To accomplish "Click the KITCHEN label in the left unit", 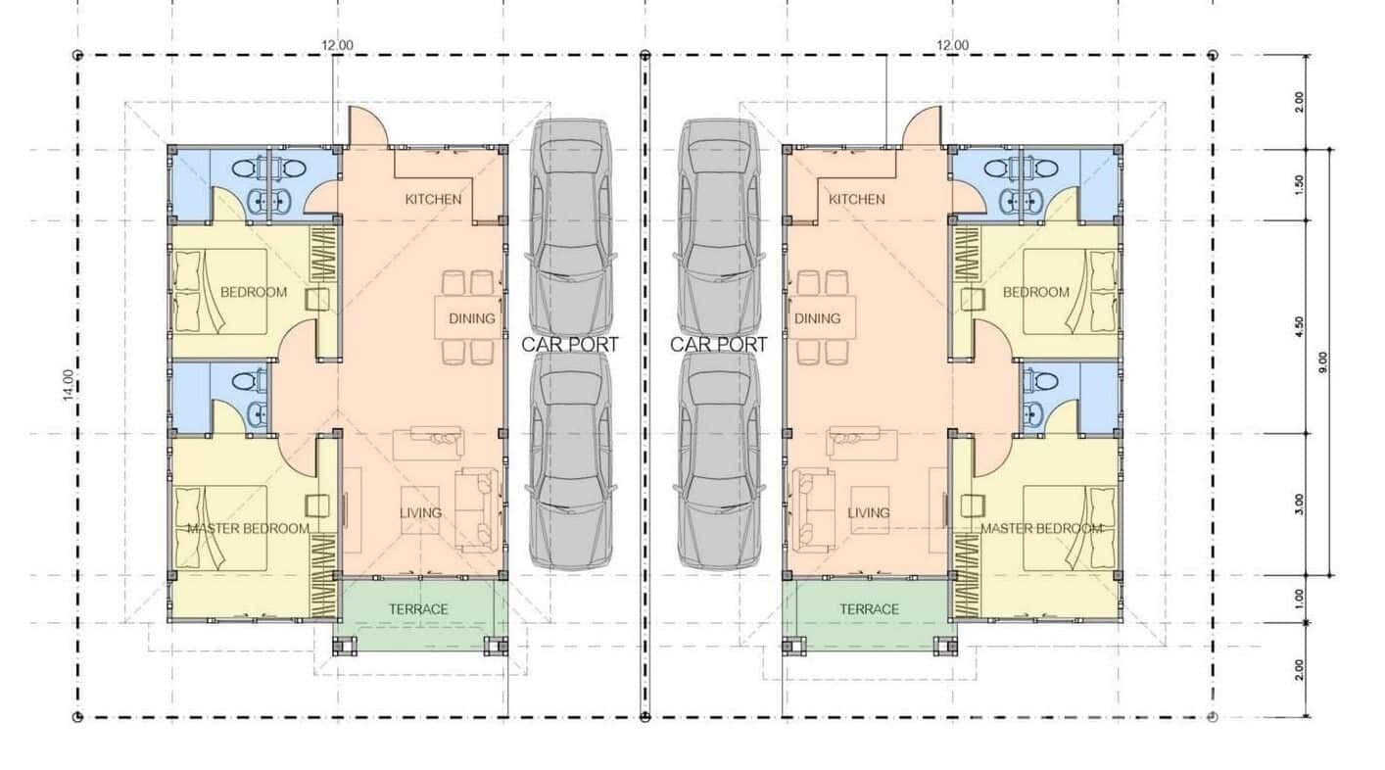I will click(x=433, y=199).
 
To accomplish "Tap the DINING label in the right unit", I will click(x=817, y=318).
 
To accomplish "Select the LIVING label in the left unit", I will click(x=420, y=512).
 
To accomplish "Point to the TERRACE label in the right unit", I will click(x=869, y=609).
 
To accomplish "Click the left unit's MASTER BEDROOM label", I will click(x=248, y=529).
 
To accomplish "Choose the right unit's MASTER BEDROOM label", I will click(x=1041, y=529).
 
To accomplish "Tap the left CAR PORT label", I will click(x=570, y=345).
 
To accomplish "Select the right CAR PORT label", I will click(x=719, y=345).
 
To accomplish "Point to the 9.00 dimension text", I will click(x=1323, y=362).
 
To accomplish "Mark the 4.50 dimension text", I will click(x=1299, y=327).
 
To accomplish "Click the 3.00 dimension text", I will click(x=1299, y=505).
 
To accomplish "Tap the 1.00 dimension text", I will click(x=1299, y=598).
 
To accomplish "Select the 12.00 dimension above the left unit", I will click(x=337, y=44).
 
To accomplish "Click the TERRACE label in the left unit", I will click(x=418, y=609).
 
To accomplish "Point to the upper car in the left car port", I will click(x=571, y=225).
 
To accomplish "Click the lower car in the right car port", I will click(x=720, y=460).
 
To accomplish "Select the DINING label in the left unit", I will click(x=472, y=318).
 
